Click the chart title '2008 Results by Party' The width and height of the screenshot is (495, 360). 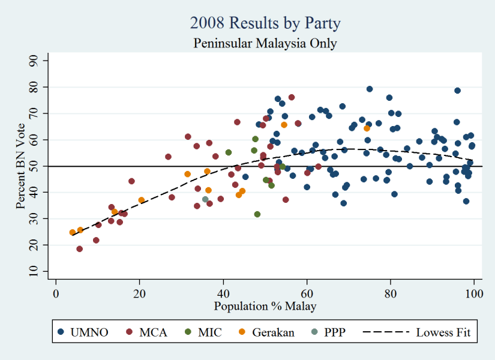(265, 24)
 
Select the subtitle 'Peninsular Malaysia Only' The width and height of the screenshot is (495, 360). (265, 43)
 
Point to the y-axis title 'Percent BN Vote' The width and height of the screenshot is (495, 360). (20, 166)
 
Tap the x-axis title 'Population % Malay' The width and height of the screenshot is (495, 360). (265, 306)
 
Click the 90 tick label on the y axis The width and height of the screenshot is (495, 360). (34, 61)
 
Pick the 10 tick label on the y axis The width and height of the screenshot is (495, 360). (34, 271)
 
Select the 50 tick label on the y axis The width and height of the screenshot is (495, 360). (34, 166)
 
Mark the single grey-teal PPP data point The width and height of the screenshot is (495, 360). (205, 199)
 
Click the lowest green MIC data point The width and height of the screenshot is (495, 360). (257, 214)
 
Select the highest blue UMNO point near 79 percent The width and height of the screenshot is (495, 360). (370, 89)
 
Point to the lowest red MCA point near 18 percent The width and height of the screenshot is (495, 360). (79, 249)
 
